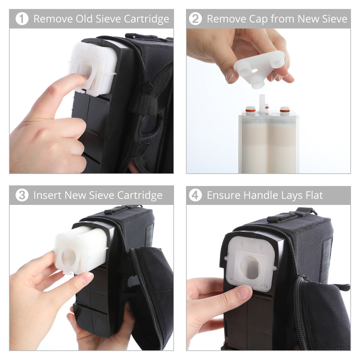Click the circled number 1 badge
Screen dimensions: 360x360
[22, 19]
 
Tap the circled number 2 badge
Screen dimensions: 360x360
[195, 19]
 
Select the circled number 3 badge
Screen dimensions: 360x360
[22, 195]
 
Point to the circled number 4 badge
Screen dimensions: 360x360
[195, 195]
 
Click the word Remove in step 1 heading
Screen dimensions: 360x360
[52, 19]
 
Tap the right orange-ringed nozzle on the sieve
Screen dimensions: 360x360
[285, 110]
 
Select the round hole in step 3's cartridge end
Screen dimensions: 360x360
[69, 257]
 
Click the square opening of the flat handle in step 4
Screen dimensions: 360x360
[250, 267]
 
